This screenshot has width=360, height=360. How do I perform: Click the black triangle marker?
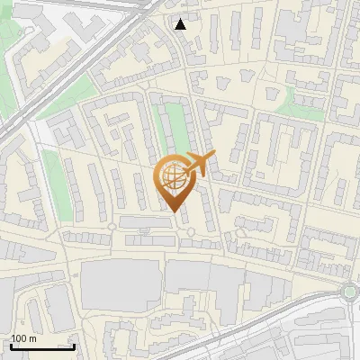tap(181, 24)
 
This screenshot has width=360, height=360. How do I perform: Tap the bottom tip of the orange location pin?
tap(174, 211)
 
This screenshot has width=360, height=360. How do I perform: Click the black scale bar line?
tap(41, 346)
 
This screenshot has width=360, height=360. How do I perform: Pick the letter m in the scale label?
tap(32, 338)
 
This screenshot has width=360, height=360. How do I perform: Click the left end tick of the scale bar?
tap(10, 345)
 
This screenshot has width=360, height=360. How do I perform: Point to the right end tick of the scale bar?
tap(74, 345)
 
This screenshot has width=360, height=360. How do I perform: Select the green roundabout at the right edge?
tap(351, 291)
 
